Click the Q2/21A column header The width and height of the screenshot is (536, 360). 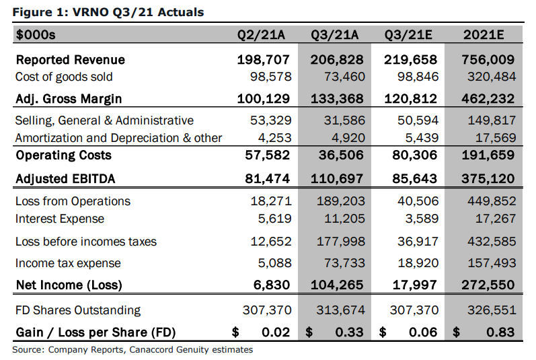point(261,34)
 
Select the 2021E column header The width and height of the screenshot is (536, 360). point(484,34)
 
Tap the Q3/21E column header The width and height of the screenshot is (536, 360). point(408,34)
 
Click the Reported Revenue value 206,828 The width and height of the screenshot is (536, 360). point(337,60)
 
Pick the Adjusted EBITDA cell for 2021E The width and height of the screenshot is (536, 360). point(488,178)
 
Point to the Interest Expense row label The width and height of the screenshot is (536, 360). point(60,219)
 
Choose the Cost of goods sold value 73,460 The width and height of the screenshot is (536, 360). point(344,77)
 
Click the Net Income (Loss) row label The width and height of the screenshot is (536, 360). point(69,285)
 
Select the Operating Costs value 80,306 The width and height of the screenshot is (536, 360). point(415,155)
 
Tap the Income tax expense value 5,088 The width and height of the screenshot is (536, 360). point(274,263)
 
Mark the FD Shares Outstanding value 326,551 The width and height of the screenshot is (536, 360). point(492,310)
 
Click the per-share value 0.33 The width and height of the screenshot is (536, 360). point(349,332)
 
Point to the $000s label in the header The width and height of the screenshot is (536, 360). point(36,35)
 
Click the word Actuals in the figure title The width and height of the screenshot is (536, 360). point(181,12)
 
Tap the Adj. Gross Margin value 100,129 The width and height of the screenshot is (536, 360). point(263,99)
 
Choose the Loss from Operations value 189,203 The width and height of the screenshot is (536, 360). point(340,201)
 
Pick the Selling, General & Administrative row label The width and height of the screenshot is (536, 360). point(104,120)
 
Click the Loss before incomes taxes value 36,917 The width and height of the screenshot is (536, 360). point(418,242)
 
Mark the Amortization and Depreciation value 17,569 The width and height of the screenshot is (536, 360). point(496,138)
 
